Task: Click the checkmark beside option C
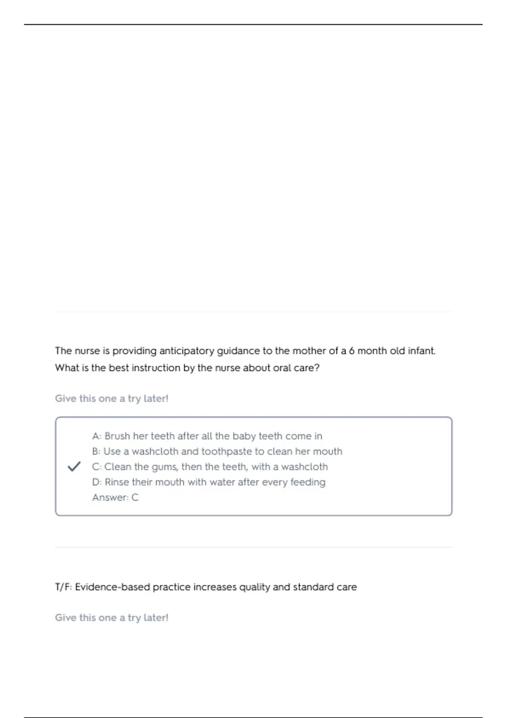pyautogui.click(x=74, y=467)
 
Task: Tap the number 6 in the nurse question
pyautogui.click(x=352, y=351)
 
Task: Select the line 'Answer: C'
pyautogui.click(x=115, y=498)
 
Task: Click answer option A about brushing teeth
pyautogui.click(x=207, y=436)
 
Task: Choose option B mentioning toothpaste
pyautogui.click(x=217, y=451)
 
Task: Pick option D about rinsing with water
pyautogui.click(x=209, y=482)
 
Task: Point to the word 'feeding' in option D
pyautogui.click(x=308, y=482)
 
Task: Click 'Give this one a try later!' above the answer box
pyautogui.click(x=112, y=399)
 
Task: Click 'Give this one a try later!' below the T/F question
pyautogui.click(x=112, y=618)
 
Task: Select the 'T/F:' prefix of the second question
pyautogui.click(x=63, y=587)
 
